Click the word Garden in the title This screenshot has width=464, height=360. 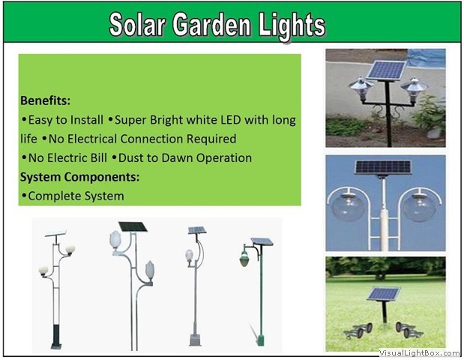point(211,25)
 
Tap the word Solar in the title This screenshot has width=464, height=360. point(137,25)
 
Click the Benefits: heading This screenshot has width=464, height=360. point(46,100)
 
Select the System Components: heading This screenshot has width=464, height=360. point(80,177)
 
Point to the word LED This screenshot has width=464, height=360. point(231,120)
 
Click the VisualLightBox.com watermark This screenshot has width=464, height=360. point(419,352)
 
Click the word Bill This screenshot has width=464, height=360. point(99,157)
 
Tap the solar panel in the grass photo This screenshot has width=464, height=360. point(384,294)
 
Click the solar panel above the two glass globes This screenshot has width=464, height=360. point(383,167)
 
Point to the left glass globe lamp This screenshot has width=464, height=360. point(348,206)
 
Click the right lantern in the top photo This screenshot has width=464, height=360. point(414,89)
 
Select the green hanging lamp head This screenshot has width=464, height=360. point(244,259)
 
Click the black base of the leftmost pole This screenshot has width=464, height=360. point(56,337)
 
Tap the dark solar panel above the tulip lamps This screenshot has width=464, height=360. point(133,226)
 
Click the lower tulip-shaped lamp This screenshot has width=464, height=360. point(150,271)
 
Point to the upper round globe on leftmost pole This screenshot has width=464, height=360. point(70,250)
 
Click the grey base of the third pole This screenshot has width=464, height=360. point(195,340)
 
